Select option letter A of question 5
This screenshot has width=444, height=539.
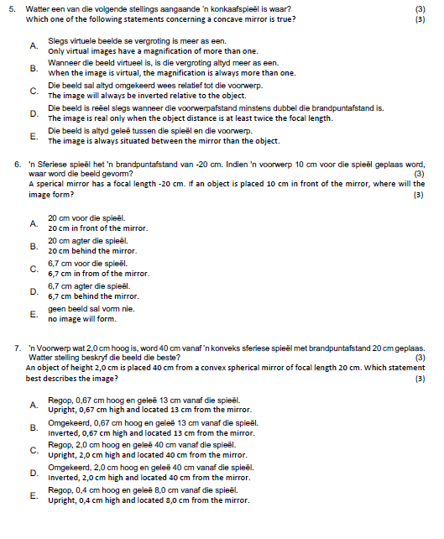34,45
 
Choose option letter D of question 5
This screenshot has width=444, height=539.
34,113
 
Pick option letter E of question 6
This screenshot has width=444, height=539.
34,314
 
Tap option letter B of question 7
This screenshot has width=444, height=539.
34,427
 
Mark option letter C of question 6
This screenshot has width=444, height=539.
34,269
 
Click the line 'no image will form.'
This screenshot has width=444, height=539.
82,319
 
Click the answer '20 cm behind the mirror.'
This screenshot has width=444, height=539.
91,251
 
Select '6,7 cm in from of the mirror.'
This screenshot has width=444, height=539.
98,274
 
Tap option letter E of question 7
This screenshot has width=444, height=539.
34,495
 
